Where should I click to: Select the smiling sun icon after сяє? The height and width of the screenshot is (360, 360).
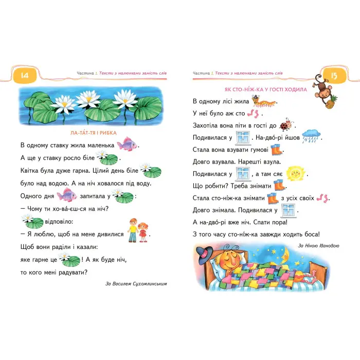point(295,173)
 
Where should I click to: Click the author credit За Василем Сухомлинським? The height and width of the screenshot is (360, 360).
point(136,283)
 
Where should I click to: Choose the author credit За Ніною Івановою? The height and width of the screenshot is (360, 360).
point(318,246)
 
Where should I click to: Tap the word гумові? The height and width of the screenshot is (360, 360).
point(256,150)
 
